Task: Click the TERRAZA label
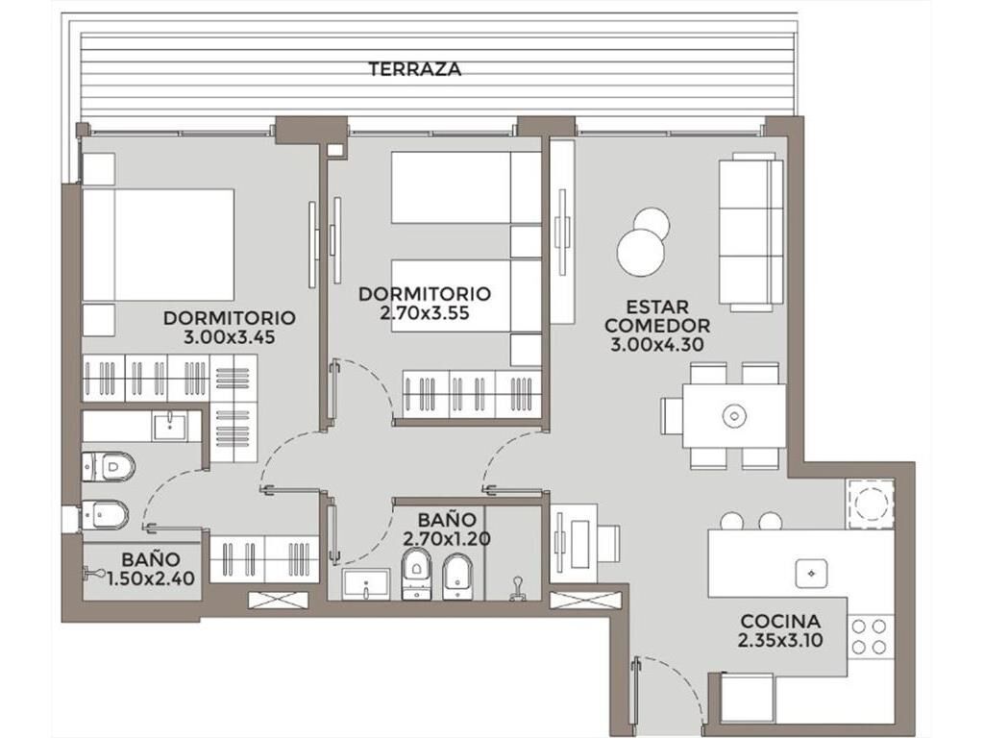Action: (x=414, y=69)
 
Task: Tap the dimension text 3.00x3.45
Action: (x=229, y=337)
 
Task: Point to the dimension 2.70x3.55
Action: (x=424, y=312)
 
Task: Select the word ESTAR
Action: (x=657, y=307)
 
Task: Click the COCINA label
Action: (x=780, y=622)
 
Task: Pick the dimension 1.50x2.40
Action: (x=151, y=578)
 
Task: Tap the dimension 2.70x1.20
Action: (x=446, y=538)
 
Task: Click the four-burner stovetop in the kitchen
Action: (x=869, y=636)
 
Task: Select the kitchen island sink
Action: (x=811, y=573)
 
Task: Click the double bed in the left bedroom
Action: (x=159, y=245)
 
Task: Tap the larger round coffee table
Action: (x=640, y=253)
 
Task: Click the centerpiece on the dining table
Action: (x=733, y=415)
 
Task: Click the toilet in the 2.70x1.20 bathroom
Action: (x=416, y=573)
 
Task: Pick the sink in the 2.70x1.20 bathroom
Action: (x=367, y=584)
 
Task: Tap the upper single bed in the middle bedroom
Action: (x=466, y=187)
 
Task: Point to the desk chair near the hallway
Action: (x=608, y=544)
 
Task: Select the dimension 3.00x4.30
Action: (x=657, y=345)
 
